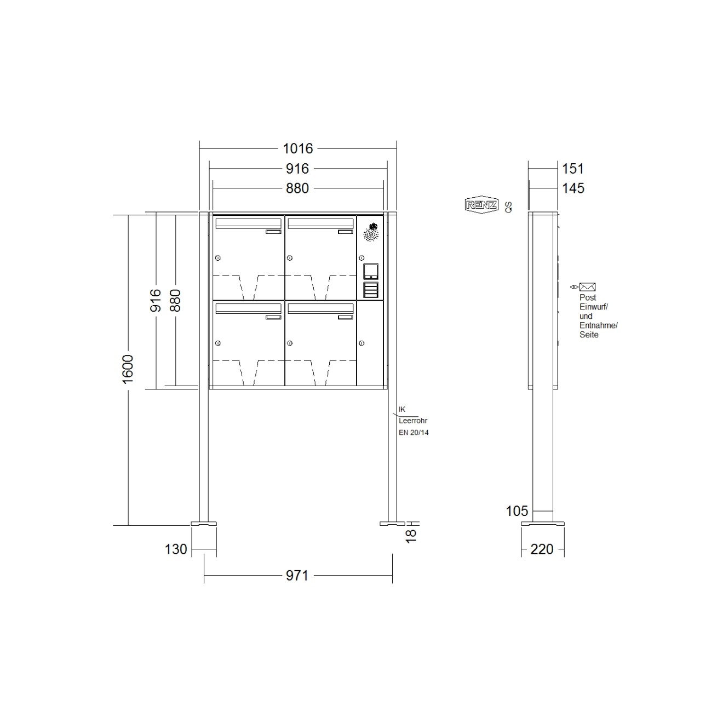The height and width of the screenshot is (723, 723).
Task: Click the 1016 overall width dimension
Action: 297,148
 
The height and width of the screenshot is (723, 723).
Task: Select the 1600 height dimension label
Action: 128,369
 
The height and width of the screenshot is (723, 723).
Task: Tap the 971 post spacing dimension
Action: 297,576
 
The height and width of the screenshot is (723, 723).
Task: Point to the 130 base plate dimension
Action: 176,549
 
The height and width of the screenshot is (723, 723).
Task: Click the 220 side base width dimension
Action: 542,549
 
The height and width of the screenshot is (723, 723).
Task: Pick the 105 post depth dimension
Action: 517,511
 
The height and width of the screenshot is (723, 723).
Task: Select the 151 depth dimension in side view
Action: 573,169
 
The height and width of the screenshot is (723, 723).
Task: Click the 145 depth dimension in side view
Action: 573,188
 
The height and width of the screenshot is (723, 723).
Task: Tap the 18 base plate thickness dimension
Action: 411,535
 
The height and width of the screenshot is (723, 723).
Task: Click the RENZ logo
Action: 482,205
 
